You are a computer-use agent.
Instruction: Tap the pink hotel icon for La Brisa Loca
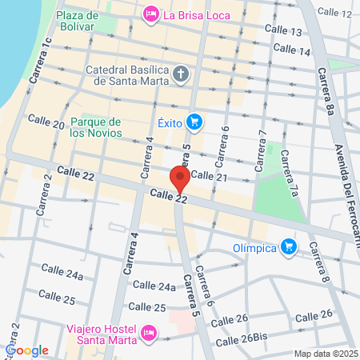150,14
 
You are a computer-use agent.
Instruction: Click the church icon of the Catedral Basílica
182,75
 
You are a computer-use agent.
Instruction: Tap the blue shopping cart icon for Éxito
193,122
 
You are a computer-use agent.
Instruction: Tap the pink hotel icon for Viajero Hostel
147,332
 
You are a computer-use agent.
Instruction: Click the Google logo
27,350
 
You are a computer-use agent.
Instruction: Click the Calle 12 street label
334,14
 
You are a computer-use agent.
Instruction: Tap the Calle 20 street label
46,122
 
